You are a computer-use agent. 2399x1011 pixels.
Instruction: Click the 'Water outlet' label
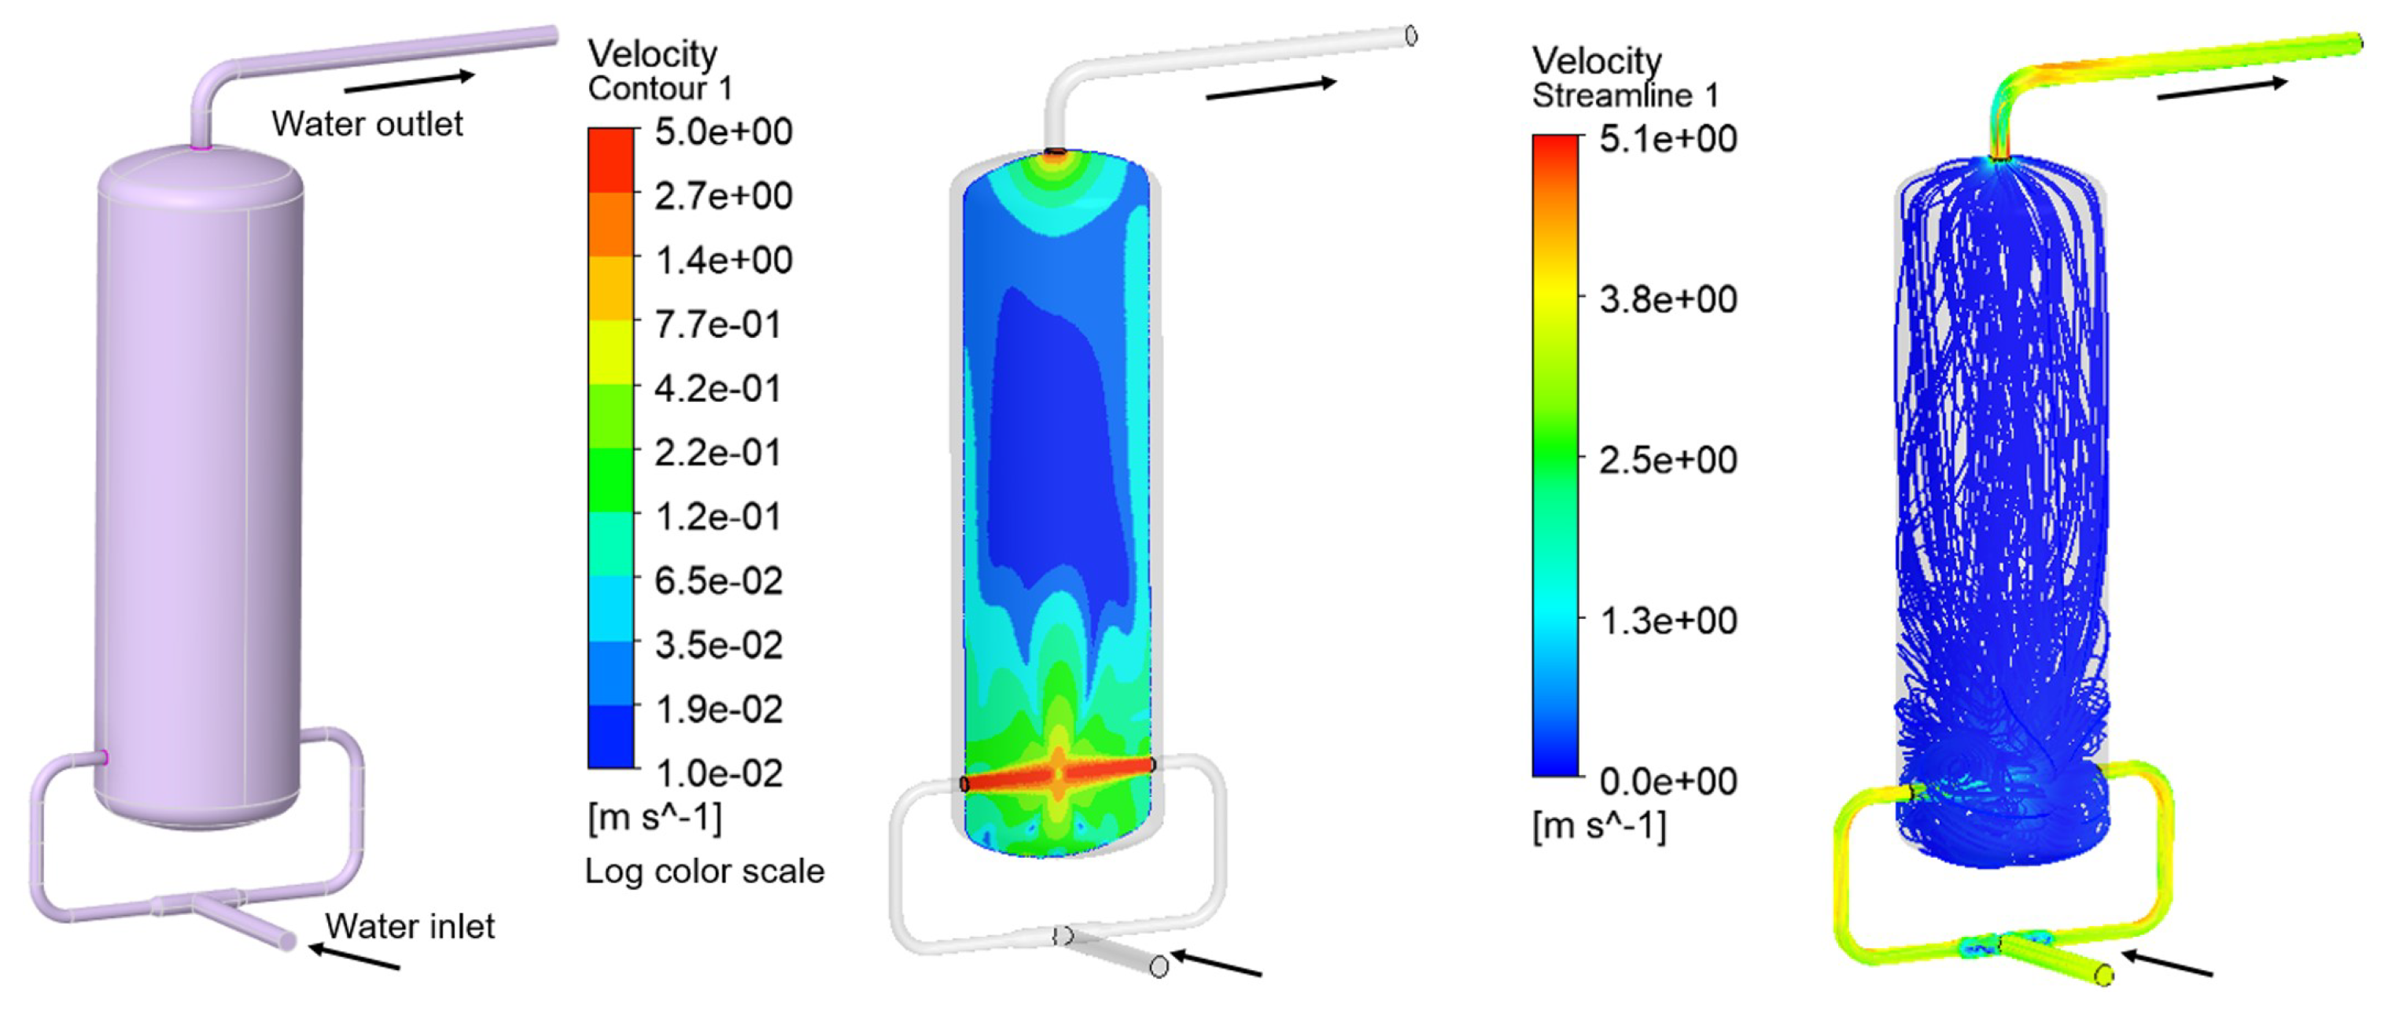click(367, 123)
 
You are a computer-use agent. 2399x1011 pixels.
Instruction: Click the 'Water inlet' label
click(410, 926)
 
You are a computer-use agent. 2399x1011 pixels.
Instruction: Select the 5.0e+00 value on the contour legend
click(724, 131)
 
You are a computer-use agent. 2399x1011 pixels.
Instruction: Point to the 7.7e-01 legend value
click(717, 324)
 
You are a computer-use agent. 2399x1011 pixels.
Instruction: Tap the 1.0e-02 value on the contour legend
click(719, 774)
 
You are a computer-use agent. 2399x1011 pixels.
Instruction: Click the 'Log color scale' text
click(705, 871)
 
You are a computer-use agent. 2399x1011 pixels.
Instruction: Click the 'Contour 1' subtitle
click(660, 88)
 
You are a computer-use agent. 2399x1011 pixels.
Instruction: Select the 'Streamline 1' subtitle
click(1625, 95)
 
